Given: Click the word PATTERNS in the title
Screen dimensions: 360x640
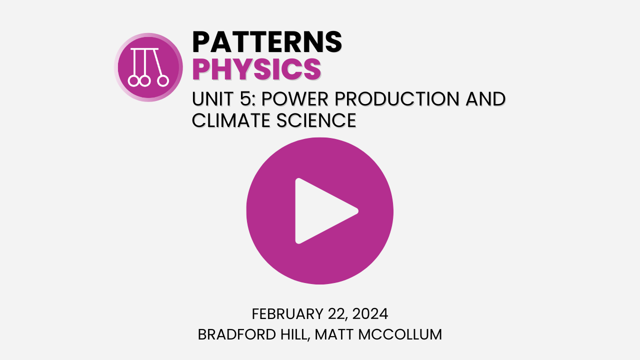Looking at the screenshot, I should [x=267, y=41].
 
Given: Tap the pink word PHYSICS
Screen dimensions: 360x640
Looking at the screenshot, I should [x=256, y=69].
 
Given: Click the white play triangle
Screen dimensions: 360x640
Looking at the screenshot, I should [x=322, y=211].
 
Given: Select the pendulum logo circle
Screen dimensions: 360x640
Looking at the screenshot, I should [x=148, y=67].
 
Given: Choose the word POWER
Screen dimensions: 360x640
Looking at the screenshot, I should [x=294, y=99].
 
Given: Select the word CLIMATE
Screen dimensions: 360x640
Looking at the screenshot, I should [x=230, y=120].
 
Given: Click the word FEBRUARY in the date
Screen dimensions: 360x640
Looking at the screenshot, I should [x=287, y=314].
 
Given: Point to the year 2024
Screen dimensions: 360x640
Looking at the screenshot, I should [x=370, y=314].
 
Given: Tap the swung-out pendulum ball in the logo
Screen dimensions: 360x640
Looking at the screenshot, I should [x=163, y=80].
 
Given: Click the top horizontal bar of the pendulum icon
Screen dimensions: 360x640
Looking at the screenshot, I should [x=144, y=49].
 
